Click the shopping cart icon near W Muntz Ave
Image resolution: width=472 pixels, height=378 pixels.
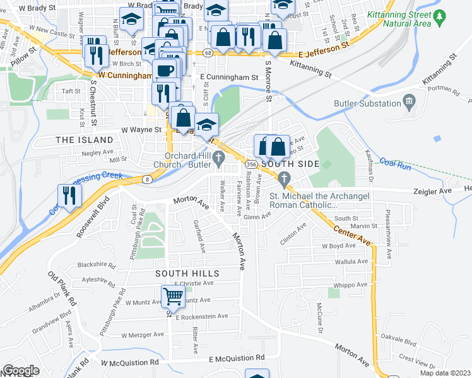pyautogui.click(x=174, y=296)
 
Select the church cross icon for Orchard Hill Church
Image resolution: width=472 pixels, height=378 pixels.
pyautogui.click(x=220, y=157)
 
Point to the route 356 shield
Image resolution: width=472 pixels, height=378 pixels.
pyautogui.click(x=251, y=164)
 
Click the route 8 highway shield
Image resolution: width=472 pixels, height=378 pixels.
pyautogui.click(x=146, y=180)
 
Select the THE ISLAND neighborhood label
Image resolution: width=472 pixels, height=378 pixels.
pyautogui.click(x=85, y=139)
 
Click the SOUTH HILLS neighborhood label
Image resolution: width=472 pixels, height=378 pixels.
pyautogui.click(x=188, y=273)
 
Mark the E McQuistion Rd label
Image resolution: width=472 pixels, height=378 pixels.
pyautogui.click(x=237, y=358)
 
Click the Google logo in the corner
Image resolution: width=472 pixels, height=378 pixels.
pyautogui.click(x=21, y=370)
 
